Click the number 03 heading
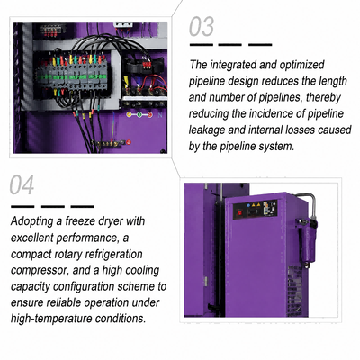(x=202, y=27)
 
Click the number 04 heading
(x=22, y=184)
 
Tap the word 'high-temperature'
(x=51, y=319)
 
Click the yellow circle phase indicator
(x=130, y=114)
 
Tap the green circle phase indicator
(x=139, y=114)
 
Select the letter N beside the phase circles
(x=160, y=114)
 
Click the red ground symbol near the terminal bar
(x=129, y=142)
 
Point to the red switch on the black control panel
(x=240, y=213)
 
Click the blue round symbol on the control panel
(x=248, y=206)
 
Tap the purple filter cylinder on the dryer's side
(x=308, y=243)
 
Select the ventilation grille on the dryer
(x=294, y=291)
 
